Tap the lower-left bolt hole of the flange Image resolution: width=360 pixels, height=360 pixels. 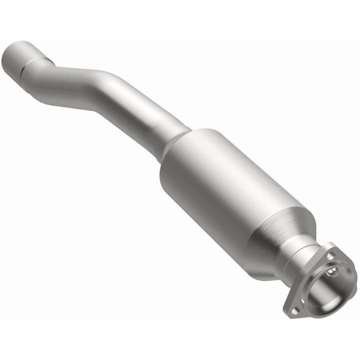(295, 310)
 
